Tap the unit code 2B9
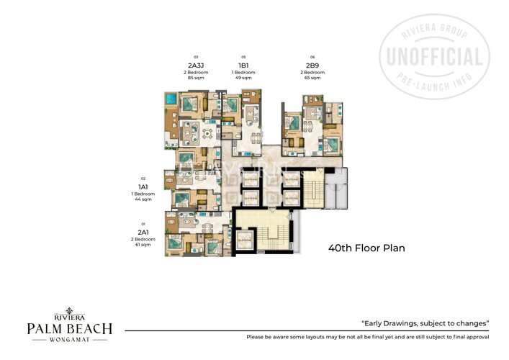click(312, 65)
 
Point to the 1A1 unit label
click(143, 186)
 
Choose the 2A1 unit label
click(143, 233)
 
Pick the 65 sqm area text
click(312, 78)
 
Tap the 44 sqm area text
click(143, 199)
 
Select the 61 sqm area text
click(143, 246)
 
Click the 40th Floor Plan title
click(366, 248)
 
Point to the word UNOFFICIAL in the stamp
click(435, 57)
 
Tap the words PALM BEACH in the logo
click(69, 328)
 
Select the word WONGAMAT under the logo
click(69, 341)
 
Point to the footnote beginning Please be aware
click(367, 337)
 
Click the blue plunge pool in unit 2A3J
click(171, 99)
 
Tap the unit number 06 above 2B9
click(312, 57)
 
